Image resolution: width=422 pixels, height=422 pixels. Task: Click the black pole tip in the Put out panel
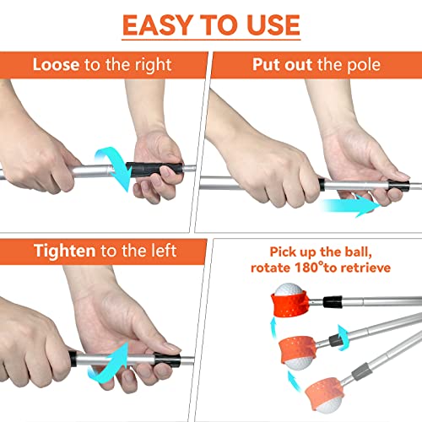click(404, 180)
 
